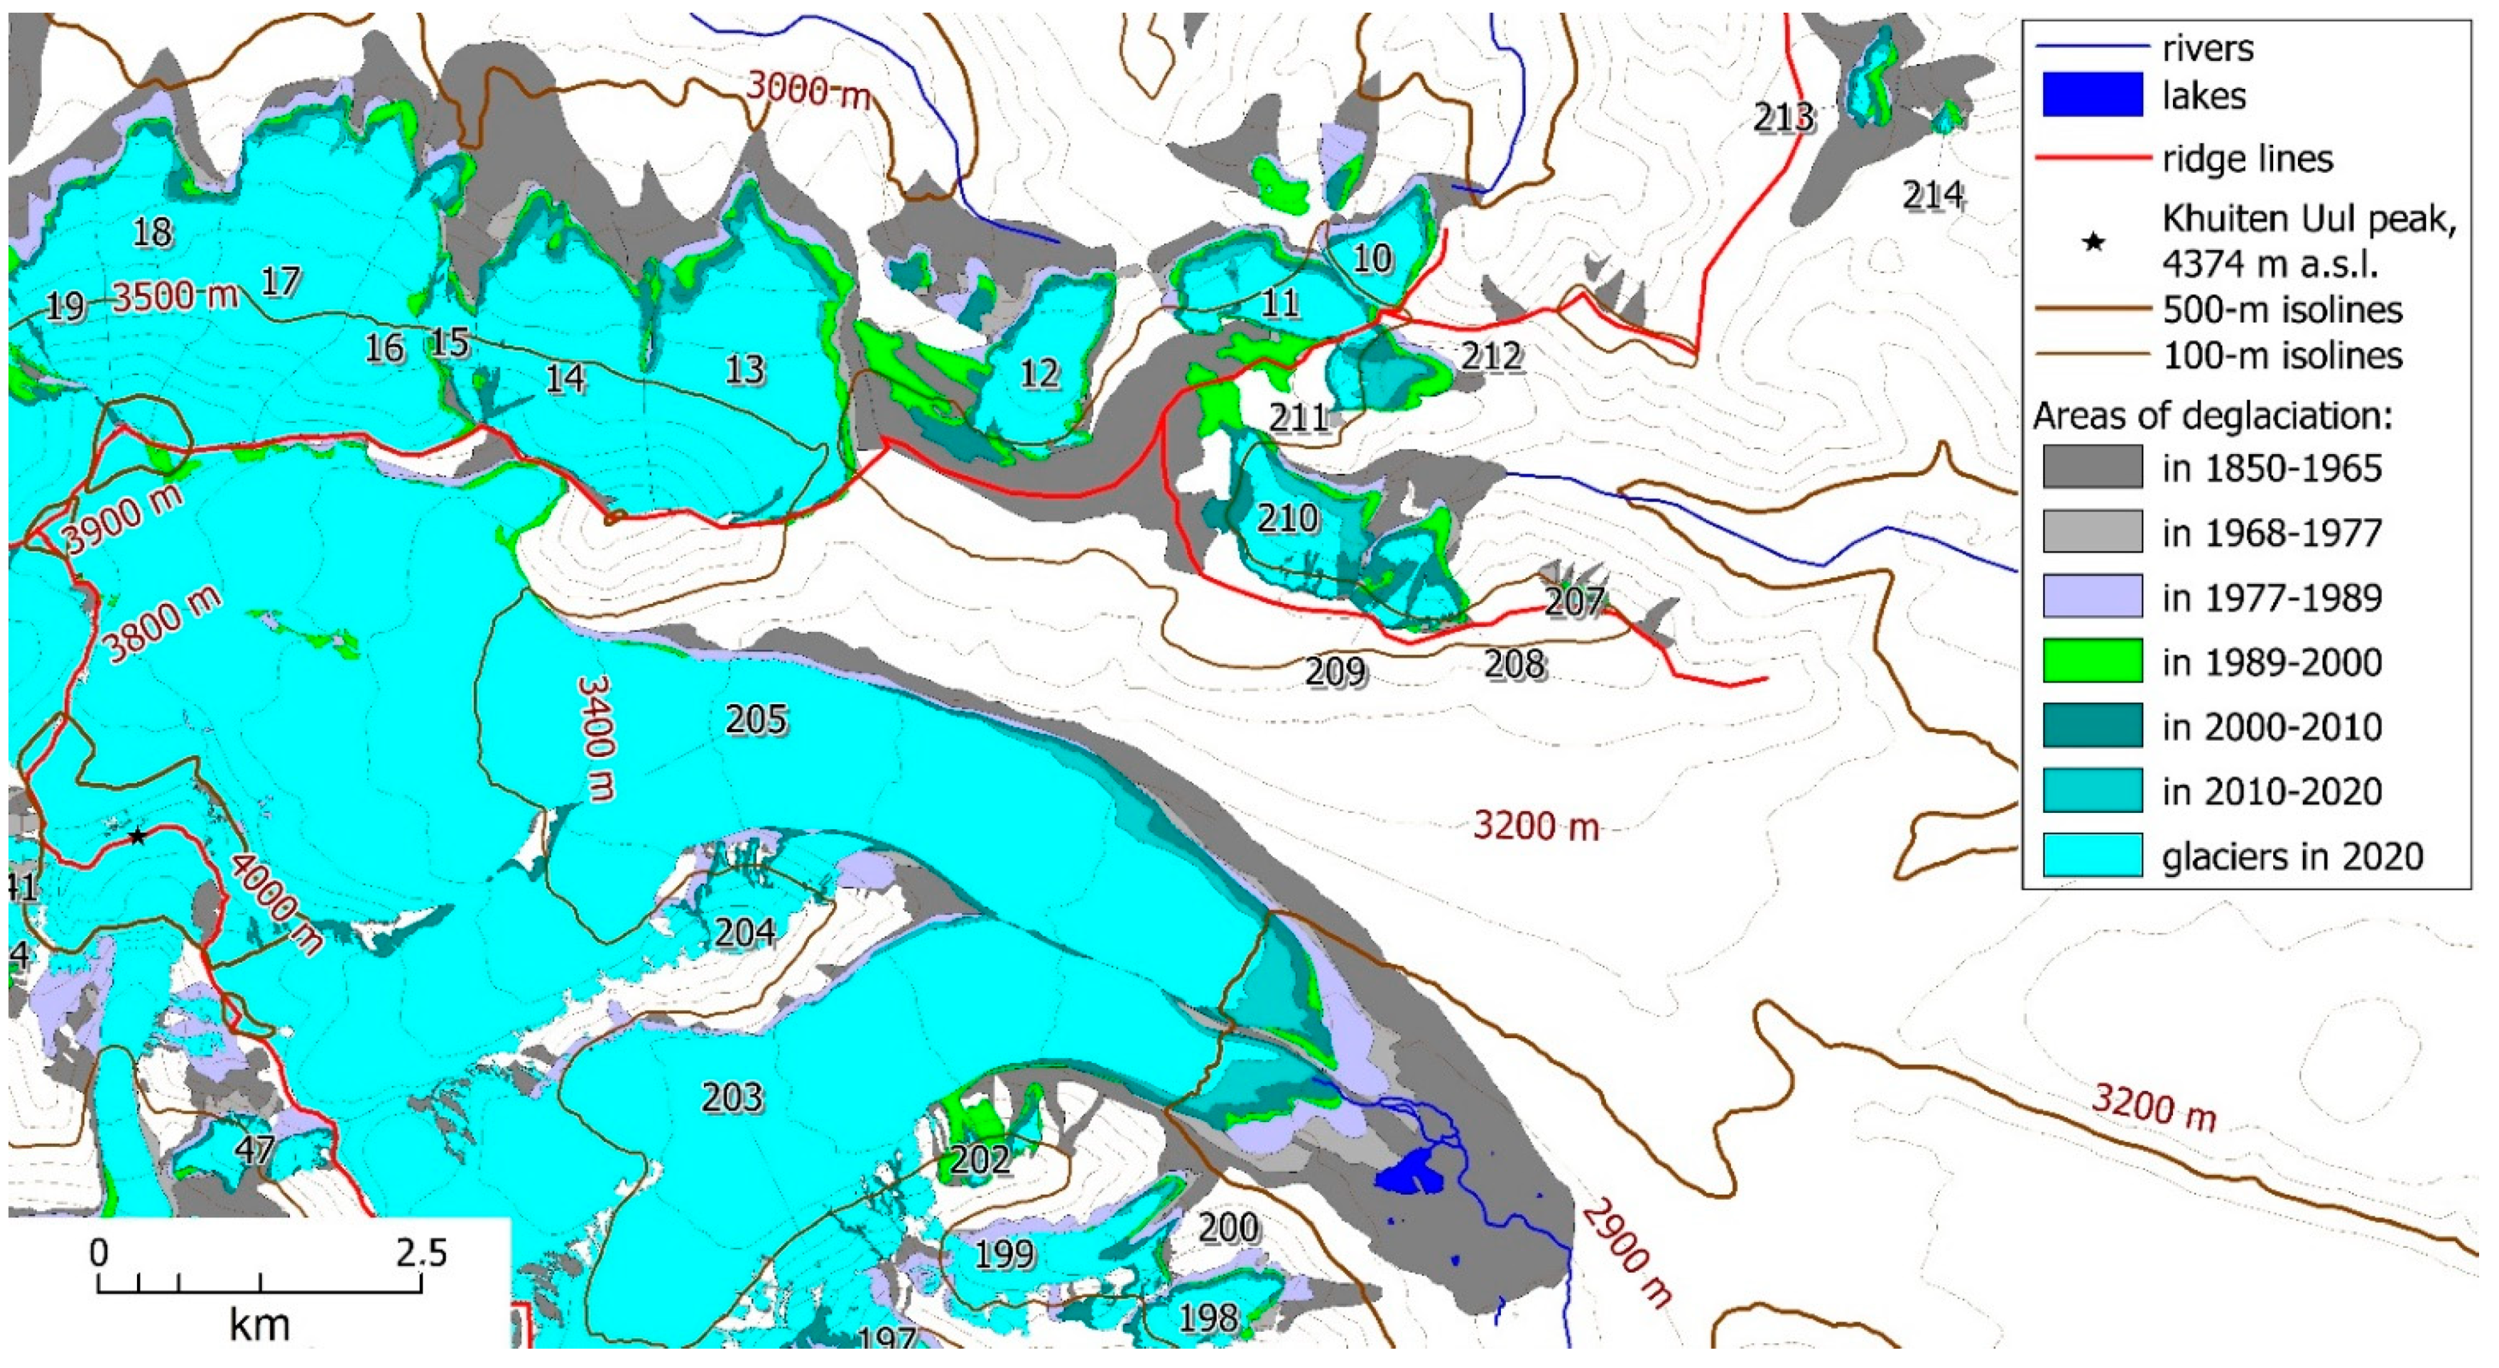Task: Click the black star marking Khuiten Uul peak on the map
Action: click(x=138, y=835)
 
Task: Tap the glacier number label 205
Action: click(x=757, y=719)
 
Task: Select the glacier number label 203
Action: click(x=732, y=1097)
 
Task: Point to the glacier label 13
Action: click(x=745, y=370)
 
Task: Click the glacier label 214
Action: click(x=1932, y=196)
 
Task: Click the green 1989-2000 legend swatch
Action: click(x=2091, y=662)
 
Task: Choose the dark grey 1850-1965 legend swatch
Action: click(x=2091, y=468)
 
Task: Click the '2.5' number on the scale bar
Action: click(x=422, y=1254)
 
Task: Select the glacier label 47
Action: click(x=255, y=1150)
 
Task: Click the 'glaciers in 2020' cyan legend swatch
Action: click(x=2091, y=856)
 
